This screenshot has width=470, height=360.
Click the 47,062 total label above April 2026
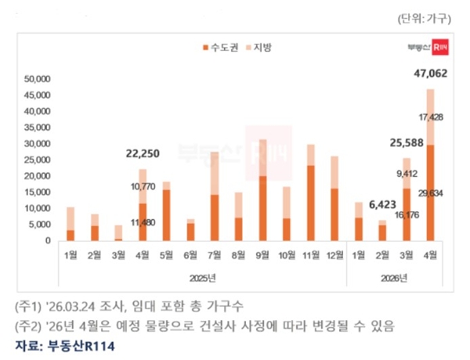tap(428, 75)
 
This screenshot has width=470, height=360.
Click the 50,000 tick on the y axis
tap(37, 79)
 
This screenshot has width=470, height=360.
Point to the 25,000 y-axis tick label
tap(37, 160)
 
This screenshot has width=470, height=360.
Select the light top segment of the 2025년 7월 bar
tap(214, 173)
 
